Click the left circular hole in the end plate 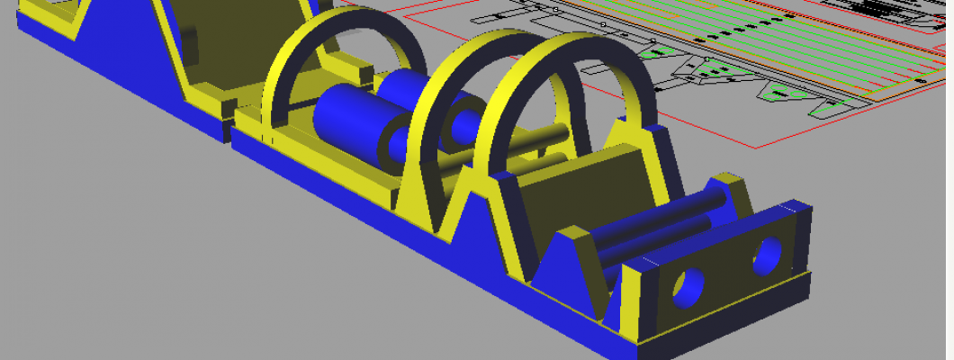click(x=689, y=288)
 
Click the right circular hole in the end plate click(x=768, y=256)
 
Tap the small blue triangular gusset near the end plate click(x=571, y=270)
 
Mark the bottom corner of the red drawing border click(x=761, y=146)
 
